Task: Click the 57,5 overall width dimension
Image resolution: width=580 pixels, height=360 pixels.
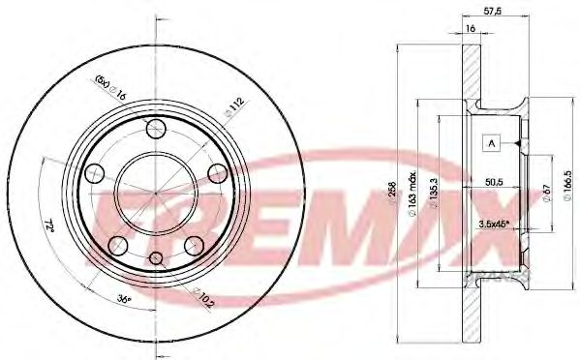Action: (492, 13)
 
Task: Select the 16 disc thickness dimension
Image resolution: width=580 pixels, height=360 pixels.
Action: (470, 30)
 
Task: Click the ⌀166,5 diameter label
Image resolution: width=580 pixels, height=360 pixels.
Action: (570, 184)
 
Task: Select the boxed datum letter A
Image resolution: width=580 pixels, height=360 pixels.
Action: (492, 143)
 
